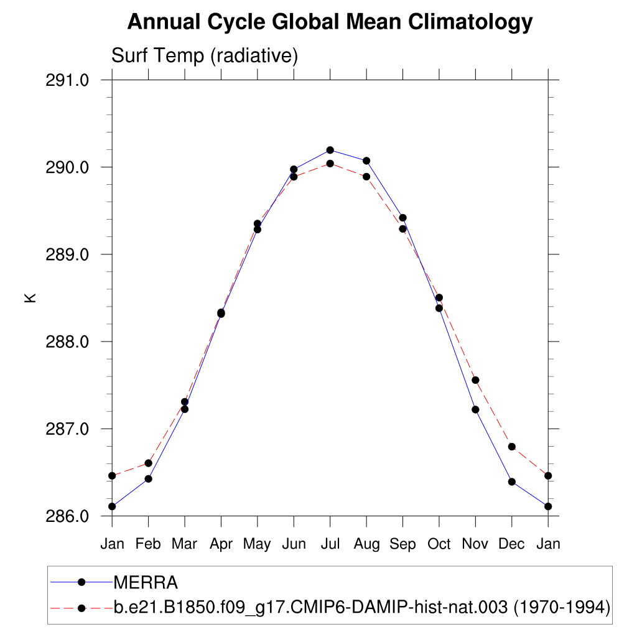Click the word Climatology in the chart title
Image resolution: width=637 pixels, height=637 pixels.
point(471,22)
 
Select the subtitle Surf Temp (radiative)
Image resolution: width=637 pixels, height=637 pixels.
point(205,56)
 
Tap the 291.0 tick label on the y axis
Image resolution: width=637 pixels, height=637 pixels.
point(68,80)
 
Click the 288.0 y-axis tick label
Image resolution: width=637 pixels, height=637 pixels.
point(68,342)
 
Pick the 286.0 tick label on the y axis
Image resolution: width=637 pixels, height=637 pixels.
point(68,516)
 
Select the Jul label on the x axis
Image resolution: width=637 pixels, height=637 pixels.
point(330,544)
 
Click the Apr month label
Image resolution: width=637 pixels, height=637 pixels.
point(221,544)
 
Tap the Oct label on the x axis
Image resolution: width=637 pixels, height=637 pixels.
point(439,544)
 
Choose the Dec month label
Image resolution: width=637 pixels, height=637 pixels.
point(511,544)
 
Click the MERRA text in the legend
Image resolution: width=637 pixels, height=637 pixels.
point(146,583)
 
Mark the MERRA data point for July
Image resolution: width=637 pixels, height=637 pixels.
point(330,150)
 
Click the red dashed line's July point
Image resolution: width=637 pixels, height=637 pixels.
point(330,164)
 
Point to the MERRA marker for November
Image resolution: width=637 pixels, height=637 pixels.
point(475,409)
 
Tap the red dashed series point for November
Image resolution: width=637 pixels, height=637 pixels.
point(475,380)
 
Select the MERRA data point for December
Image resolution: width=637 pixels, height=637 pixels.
point(511,481)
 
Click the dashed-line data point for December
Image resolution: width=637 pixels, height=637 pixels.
point(511,447)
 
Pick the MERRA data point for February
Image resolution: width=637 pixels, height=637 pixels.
point(148,478)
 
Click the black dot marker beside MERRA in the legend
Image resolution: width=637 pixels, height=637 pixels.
point(81,582)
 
